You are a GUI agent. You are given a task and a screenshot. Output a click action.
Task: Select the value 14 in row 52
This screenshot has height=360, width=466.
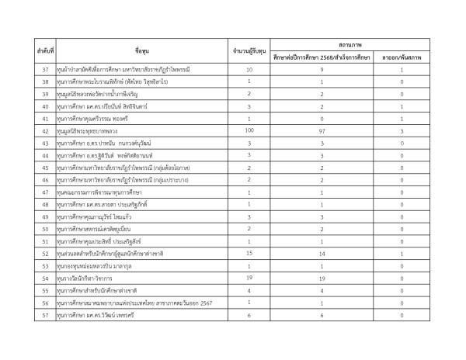[x=322, y=254]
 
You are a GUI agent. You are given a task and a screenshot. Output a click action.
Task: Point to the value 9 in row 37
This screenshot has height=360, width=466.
[x=322, y=69]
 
